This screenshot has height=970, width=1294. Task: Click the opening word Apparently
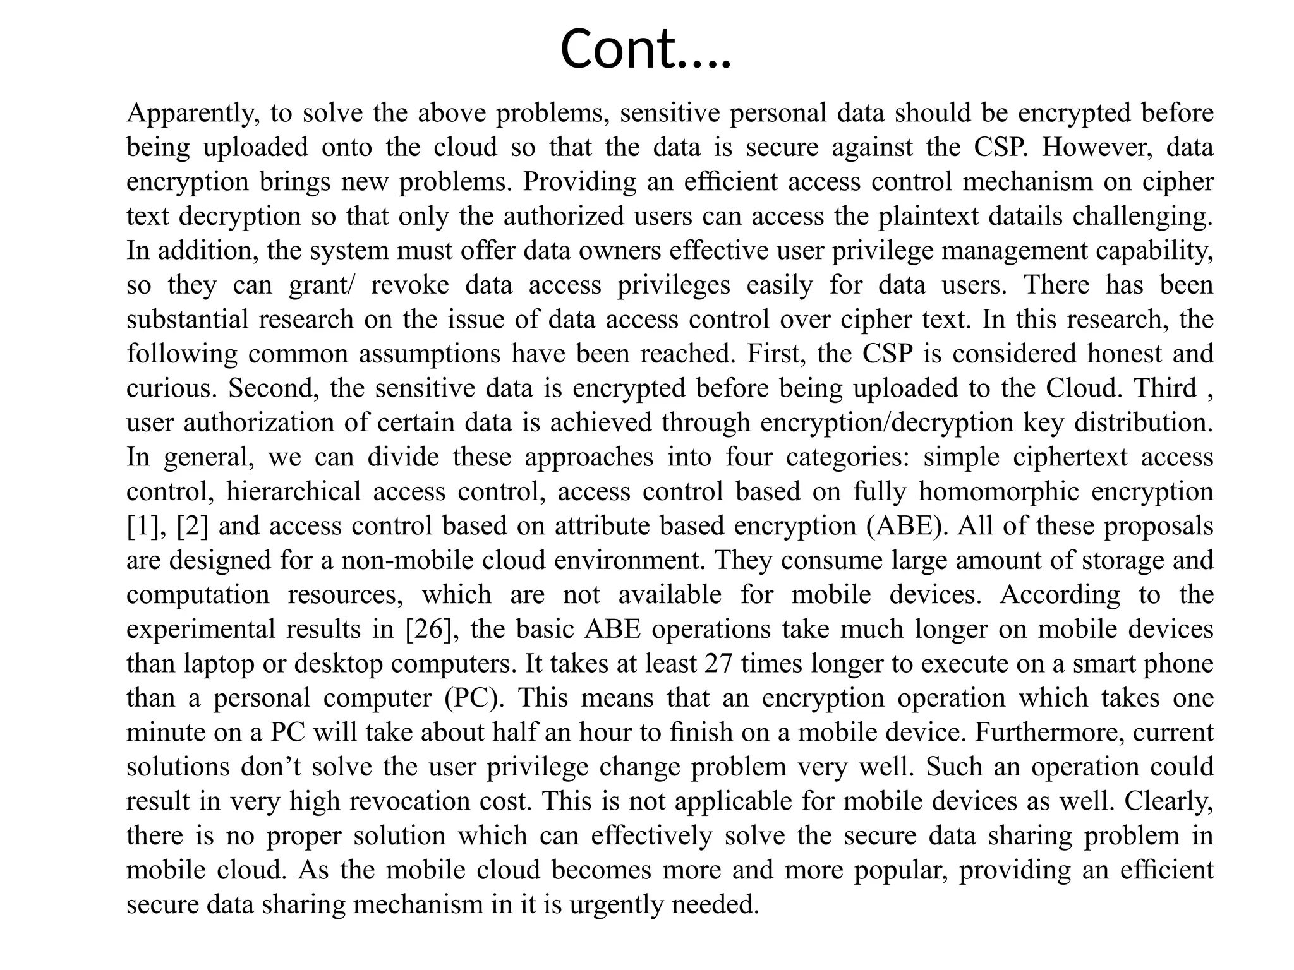193,114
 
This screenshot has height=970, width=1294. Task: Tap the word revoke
409,285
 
